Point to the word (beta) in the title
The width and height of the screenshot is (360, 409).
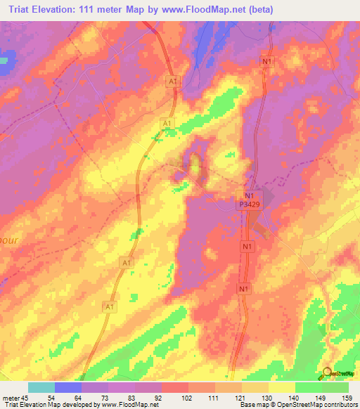coord(258,10)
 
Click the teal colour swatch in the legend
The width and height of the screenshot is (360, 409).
coord(41,387)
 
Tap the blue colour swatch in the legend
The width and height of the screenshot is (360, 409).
coord(68,387)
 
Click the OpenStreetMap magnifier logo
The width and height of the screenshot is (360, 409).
coord(328,372)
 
